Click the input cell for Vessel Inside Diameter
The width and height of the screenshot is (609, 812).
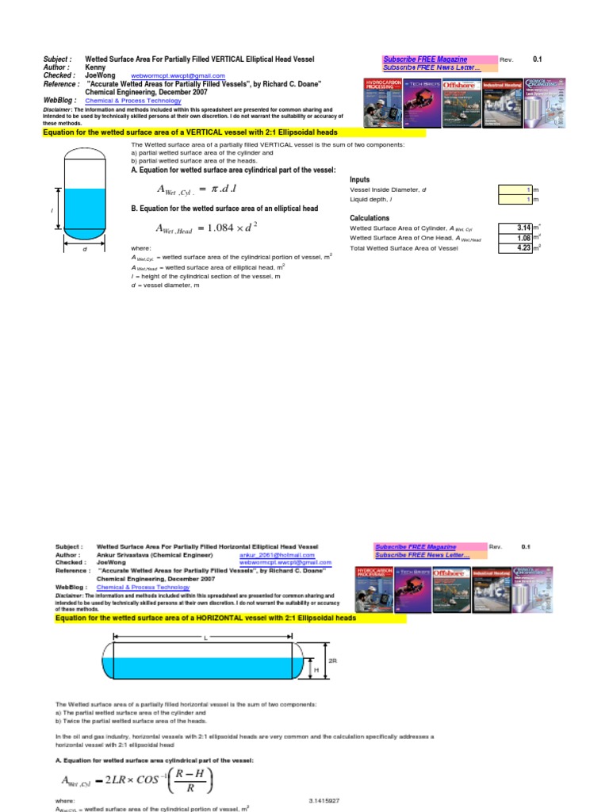coord(515,190)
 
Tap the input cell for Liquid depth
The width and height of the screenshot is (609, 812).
coord(515,200)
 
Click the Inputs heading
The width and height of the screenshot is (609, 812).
coord(359,180)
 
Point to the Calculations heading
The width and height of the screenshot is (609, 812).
coord(369,217)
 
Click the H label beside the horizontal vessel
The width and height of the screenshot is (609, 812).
coord(317,670)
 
